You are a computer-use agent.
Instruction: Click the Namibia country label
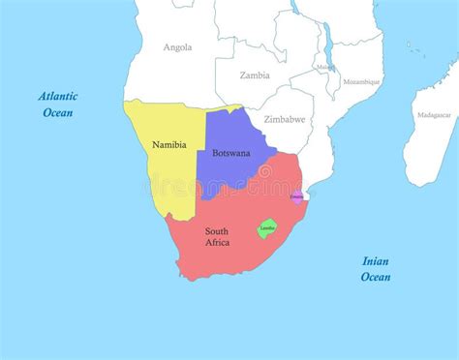[x=168, y=144]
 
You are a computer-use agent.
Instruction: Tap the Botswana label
[x=230, y=152]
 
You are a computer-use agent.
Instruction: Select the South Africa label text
[x=217, y=236]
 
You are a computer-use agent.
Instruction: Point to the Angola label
[x=177, y=46]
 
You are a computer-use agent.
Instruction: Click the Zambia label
[x=255, y=75]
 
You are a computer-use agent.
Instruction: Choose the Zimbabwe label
[x=285, y=119]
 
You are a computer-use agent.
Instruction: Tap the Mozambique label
[x=362, y=82]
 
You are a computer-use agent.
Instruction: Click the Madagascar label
[x=433, y=115]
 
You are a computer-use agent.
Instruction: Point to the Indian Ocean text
[x=376, y=268]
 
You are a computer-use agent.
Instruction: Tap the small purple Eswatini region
[x=296, y=196]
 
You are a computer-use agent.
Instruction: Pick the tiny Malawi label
[x=324, y=67]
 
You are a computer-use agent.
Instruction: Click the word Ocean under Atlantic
[x=58, y=112]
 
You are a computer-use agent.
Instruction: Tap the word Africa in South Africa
[x=217, y=242]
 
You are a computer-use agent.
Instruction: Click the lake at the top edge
[x=295, y=6]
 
